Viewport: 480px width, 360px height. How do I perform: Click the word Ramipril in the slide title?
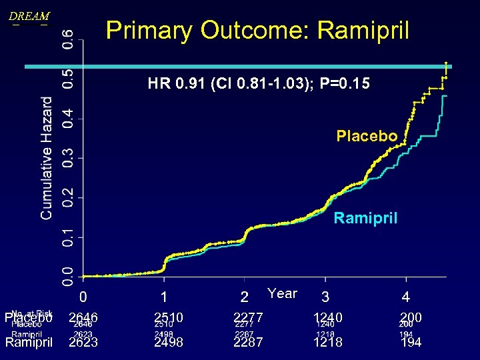click(x=363, y=30)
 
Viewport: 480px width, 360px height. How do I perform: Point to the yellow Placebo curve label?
click(x=367, y=137)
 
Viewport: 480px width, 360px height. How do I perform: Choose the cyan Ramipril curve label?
click(x=365, y=217)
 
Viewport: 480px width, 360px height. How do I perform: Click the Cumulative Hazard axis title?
click(x=47, y=158)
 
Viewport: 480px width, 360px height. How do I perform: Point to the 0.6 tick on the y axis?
click(x=69, y=40)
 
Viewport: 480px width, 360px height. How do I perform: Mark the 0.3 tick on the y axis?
click(x=69, y=158)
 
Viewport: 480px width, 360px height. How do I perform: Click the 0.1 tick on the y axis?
click(x=69, y=237)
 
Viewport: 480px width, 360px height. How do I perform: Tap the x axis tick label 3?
click(x=325, y=295)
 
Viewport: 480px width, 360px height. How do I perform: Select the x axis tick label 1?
click(x=163, y=295)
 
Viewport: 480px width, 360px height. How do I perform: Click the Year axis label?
click(x=282, y=293)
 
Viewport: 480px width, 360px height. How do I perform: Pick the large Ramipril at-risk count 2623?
click(x=83, y=343)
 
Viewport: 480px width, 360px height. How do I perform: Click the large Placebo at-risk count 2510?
click(x=169, y=317)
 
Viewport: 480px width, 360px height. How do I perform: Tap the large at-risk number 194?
click(x=411, y=343)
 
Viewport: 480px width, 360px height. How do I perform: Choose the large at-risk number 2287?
click(x=249, y=343)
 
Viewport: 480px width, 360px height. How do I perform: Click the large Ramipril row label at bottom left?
click(x=29, y=343)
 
